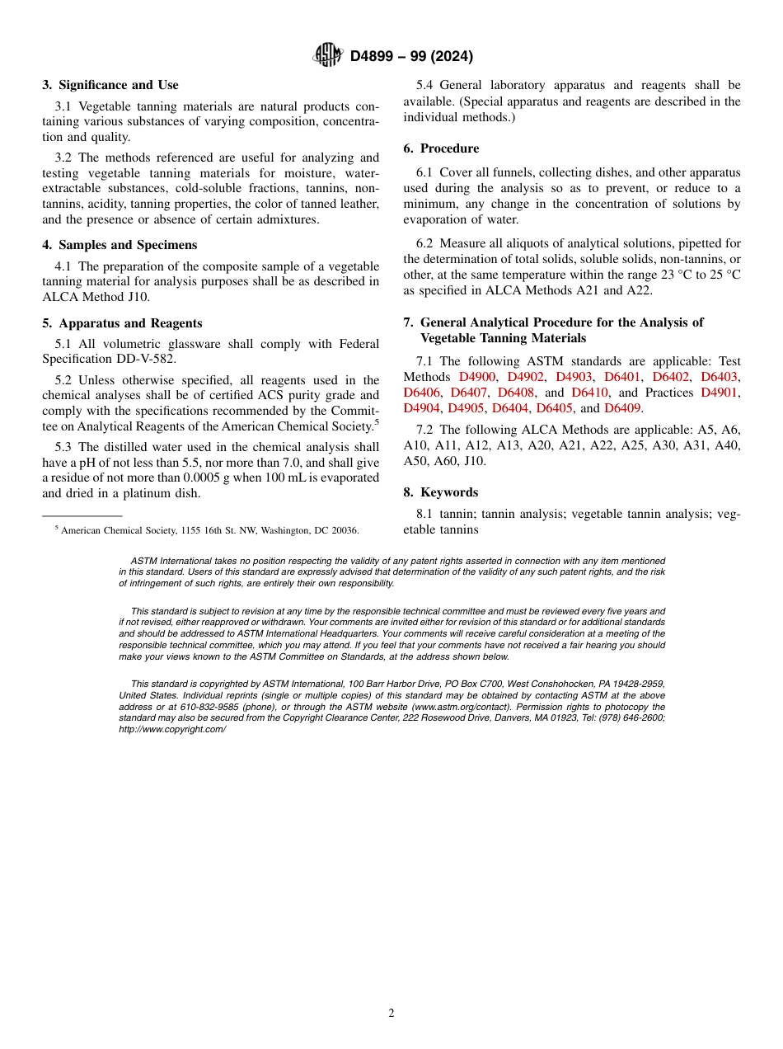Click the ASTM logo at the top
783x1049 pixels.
327,55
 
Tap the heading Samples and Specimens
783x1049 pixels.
128,245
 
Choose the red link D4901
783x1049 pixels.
720,393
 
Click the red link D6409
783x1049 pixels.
622,408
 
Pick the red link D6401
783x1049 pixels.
622,377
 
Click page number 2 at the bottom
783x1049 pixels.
391,1014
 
